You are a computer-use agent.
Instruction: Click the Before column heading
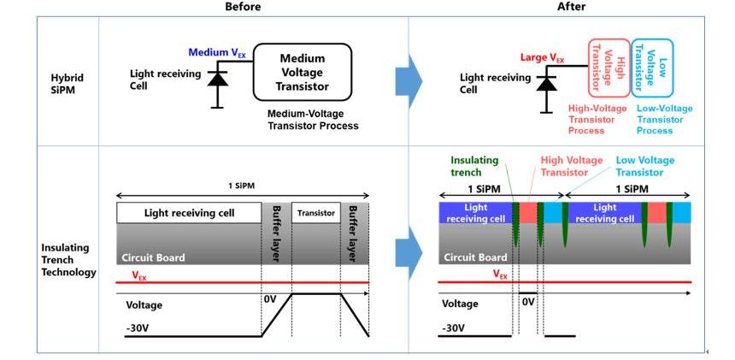(x=243, y=7)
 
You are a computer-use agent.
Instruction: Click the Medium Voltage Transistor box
(x=303, y=72)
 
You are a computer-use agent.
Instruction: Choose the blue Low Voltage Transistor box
(x=652, y=67)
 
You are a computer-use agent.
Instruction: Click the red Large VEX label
(x=543, y=58)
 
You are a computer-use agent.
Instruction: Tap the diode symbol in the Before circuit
(x=218, y=79)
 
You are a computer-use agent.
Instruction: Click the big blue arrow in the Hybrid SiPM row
(x=409, y=80)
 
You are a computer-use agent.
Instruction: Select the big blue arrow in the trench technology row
(x=409, y=251)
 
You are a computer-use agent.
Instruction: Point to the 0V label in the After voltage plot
(x=527, y=302)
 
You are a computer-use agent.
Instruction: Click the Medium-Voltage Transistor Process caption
(x=313, y=120)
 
